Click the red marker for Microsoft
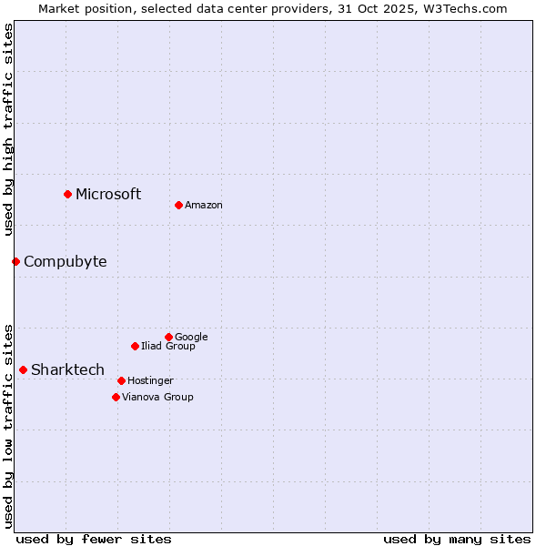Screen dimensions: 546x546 (67, 194)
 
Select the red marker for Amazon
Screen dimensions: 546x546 (178, 205)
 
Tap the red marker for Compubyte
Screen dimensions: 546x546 (15, 261)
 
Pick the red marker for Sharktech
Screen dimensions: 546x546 (23, 369)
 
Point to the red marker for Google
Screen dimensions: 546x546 (168, 337)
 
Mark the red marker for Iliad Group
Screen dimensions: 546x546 (135, 346)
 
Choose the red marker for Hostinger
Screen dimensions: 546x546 (121, 380)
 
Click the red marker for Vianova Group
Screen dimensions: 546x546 (116, 397)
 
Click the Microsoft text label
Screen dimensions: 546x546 (108, 194)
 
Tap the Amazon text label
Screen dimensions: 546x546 (204, 206)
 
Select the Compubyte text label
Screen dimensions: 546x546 (65, 262)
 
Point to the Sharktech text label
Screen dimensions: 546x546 (67, 369)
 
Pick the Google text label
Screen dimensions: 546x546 (191, 338)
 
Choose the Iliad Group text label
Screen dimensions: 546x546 (168, 346)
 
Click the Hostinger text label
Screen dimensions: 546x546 (150, 380)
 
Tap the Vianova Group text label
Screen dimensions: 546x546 (157, 398)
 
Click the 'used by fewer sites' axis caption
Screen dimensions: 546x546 (94, 539)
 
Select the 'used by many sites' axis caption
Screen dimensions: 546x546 (457, 539)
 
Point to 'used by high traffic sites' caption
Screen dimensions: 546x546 (8, 130)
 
